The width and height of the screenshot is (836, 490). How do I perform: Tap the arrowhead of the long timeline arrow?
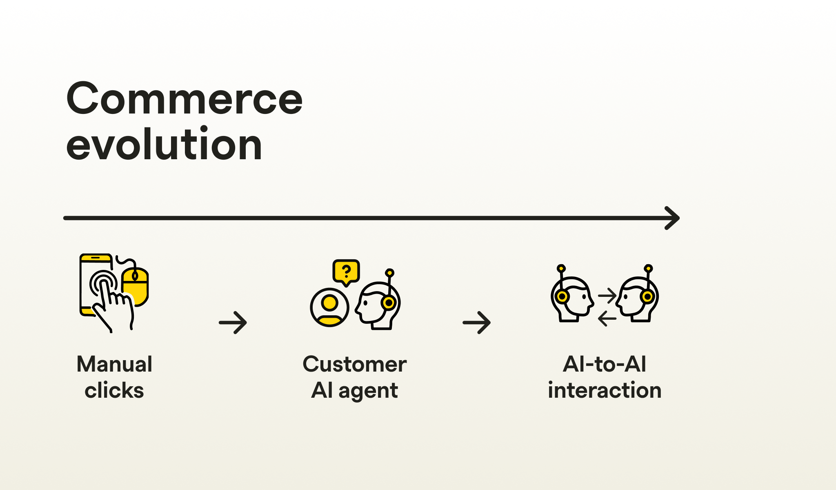coord(672,218)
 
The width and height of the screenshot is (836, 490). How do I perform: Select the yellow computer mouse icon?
coord(135,286)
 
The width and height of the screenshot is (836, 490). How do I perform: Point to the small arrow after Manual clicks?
coord(233,323)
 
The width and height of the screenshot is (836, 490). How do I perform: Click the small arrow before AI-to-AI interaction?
coord(477,323)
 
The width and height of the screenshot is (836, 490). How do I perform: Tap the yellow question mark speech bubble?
coord(346,272)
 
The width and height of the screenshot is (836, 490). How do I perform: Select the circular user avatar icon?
coord(329,307)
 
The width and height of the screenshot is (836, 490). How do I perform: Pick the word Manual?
coord(114,364)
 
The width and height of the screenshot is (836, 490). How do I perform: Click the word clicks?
coord(114,390)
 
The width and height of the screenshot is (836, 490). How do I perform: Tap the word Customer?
coord(355,364)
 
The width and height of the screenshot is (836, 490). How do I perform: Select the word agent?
coord(368,391)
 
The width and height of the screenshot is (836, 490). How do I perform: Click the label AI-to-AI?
coord(605,364)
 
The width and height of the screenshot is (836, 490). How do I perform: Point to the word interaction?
coord(605,390)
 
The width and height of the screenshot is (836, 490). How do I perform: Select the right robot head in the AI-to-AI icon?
coord(637,296)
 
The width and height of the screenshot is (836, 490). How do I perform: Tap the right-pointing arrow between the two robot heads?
coord(607,295)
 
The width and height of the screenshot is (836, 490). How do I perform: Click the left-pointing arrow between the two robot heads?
coord(607,318)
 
